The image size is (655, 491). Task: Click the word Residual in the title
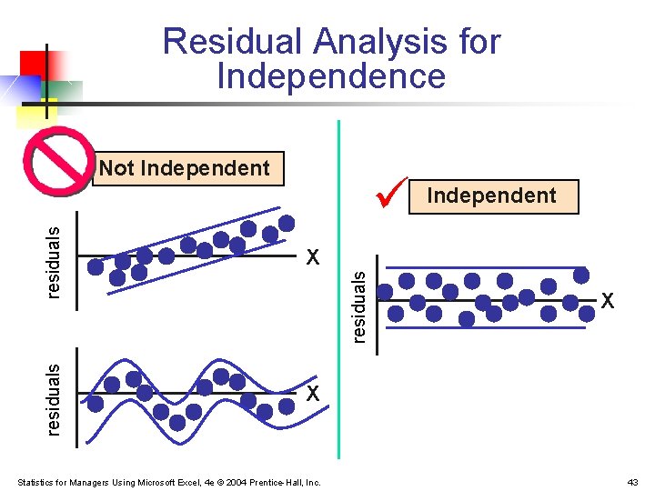231,42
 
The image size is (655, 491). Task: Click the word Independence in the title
331,77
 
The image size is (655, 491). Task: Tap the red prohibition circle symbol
60,162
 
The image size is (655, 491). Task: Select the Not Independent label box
187,168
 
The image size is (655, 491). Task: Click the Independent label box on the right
493,196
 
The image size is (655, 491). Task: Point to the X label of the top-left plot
313,257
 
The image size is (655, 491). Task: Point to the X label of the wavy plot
313,394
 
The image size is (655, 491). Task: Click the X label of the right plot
608,300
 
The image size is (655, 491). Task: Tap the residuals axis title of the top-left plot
54,262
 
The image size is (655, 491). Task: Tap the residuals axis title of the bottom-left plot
54,398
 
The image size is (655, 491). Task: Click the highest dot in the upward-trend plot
287,223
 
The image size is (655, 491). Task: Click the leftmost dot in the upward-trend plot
96,266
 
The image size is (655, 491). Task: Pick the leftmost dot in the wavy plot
96,404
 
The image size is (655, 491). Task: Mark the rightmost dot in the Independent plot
580,275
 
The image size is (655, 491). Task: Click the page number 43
633,482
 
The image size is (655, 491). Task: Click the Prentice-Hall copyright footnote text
169,482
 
